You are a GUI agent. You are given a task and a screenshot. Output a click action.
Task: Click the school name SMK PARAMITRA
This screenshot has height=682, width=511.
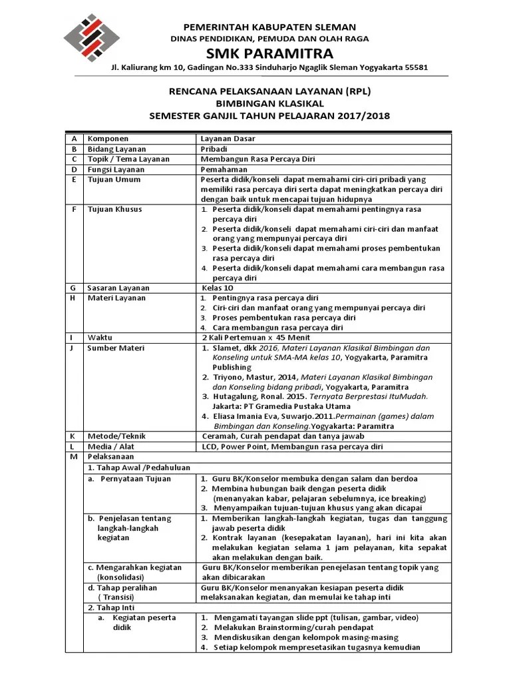(x=269, y=53)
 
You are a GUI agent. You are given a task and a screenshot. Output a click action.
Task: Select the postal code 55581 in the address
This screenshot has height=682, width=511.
(x=415, y=68)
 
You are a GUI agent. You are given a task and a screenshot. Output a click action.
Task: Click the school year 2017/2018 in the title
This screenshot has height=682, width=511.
(x=365, y=117)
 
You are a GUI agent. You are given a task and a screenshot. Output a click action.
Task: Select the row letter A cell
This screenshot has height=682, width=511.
(x=73, y=139)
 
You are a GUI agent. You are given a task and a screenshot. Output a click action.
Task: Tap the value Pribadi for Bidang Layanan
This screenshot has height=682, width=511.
(x=214, y=149)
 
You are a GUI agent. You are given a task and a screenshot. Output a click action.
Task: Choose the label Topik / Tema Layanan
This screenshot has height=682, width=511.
(x=128, y=159)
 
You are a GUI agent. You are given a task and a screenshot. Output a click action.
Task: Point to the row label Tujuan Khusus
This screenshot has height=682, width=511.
(x=114, y=209)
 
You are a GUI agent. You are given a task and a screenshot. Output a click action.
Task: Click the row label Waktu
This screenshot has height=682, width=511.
(x=100, y=337)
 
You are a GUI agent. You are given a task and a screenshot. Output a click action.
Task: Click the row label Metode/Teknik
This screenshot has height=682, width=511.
(x=116, y=436)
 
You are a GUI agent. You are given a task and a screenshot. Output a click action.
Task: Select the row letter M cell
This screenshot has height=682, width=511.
(x=73, y=457)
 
